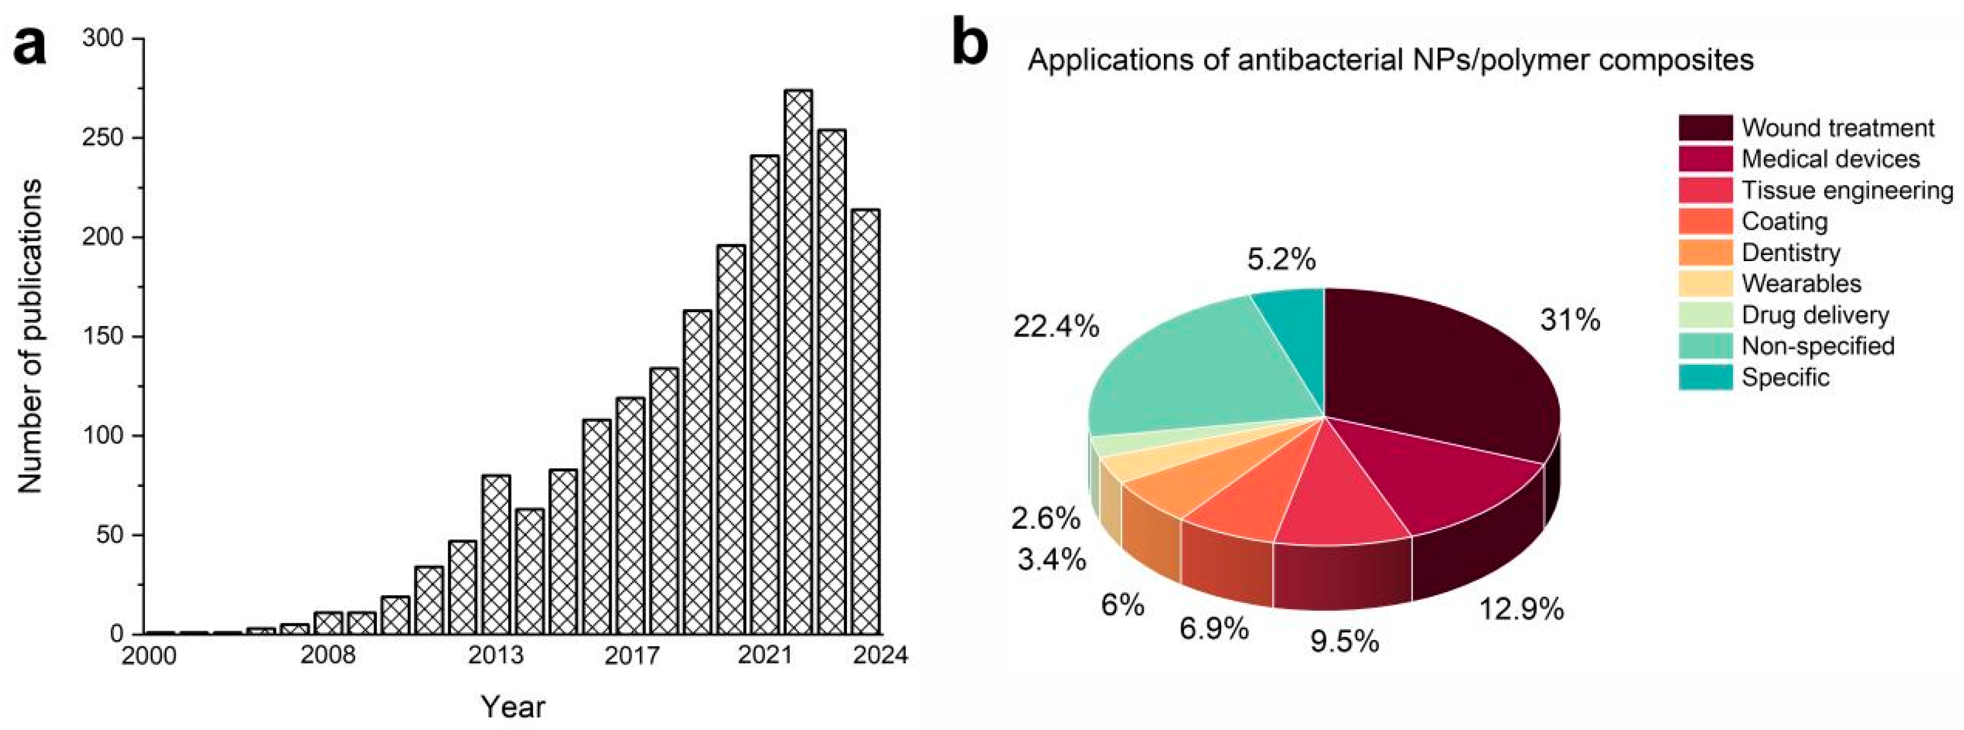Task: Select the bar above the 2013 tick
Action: coord(496,555)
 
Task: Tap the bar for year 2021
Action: coord(765,394)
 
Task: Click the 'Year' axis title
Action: coord(513,707)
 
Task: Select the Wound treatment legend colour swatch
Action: coord(1705,127)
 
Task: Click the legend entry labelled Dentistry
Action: coord(1790,252)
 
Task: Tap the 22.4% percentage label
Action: coord(1056,327)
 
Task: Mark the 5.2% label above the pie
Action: coord(1281,260)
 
